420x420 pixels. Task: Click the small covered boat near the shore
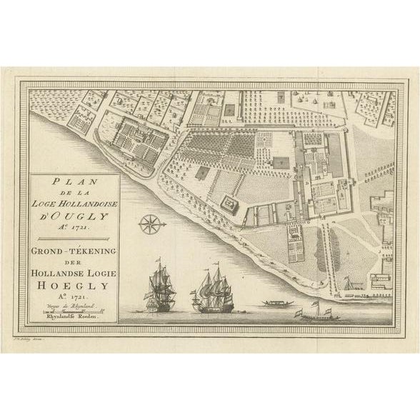[274, 303]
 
